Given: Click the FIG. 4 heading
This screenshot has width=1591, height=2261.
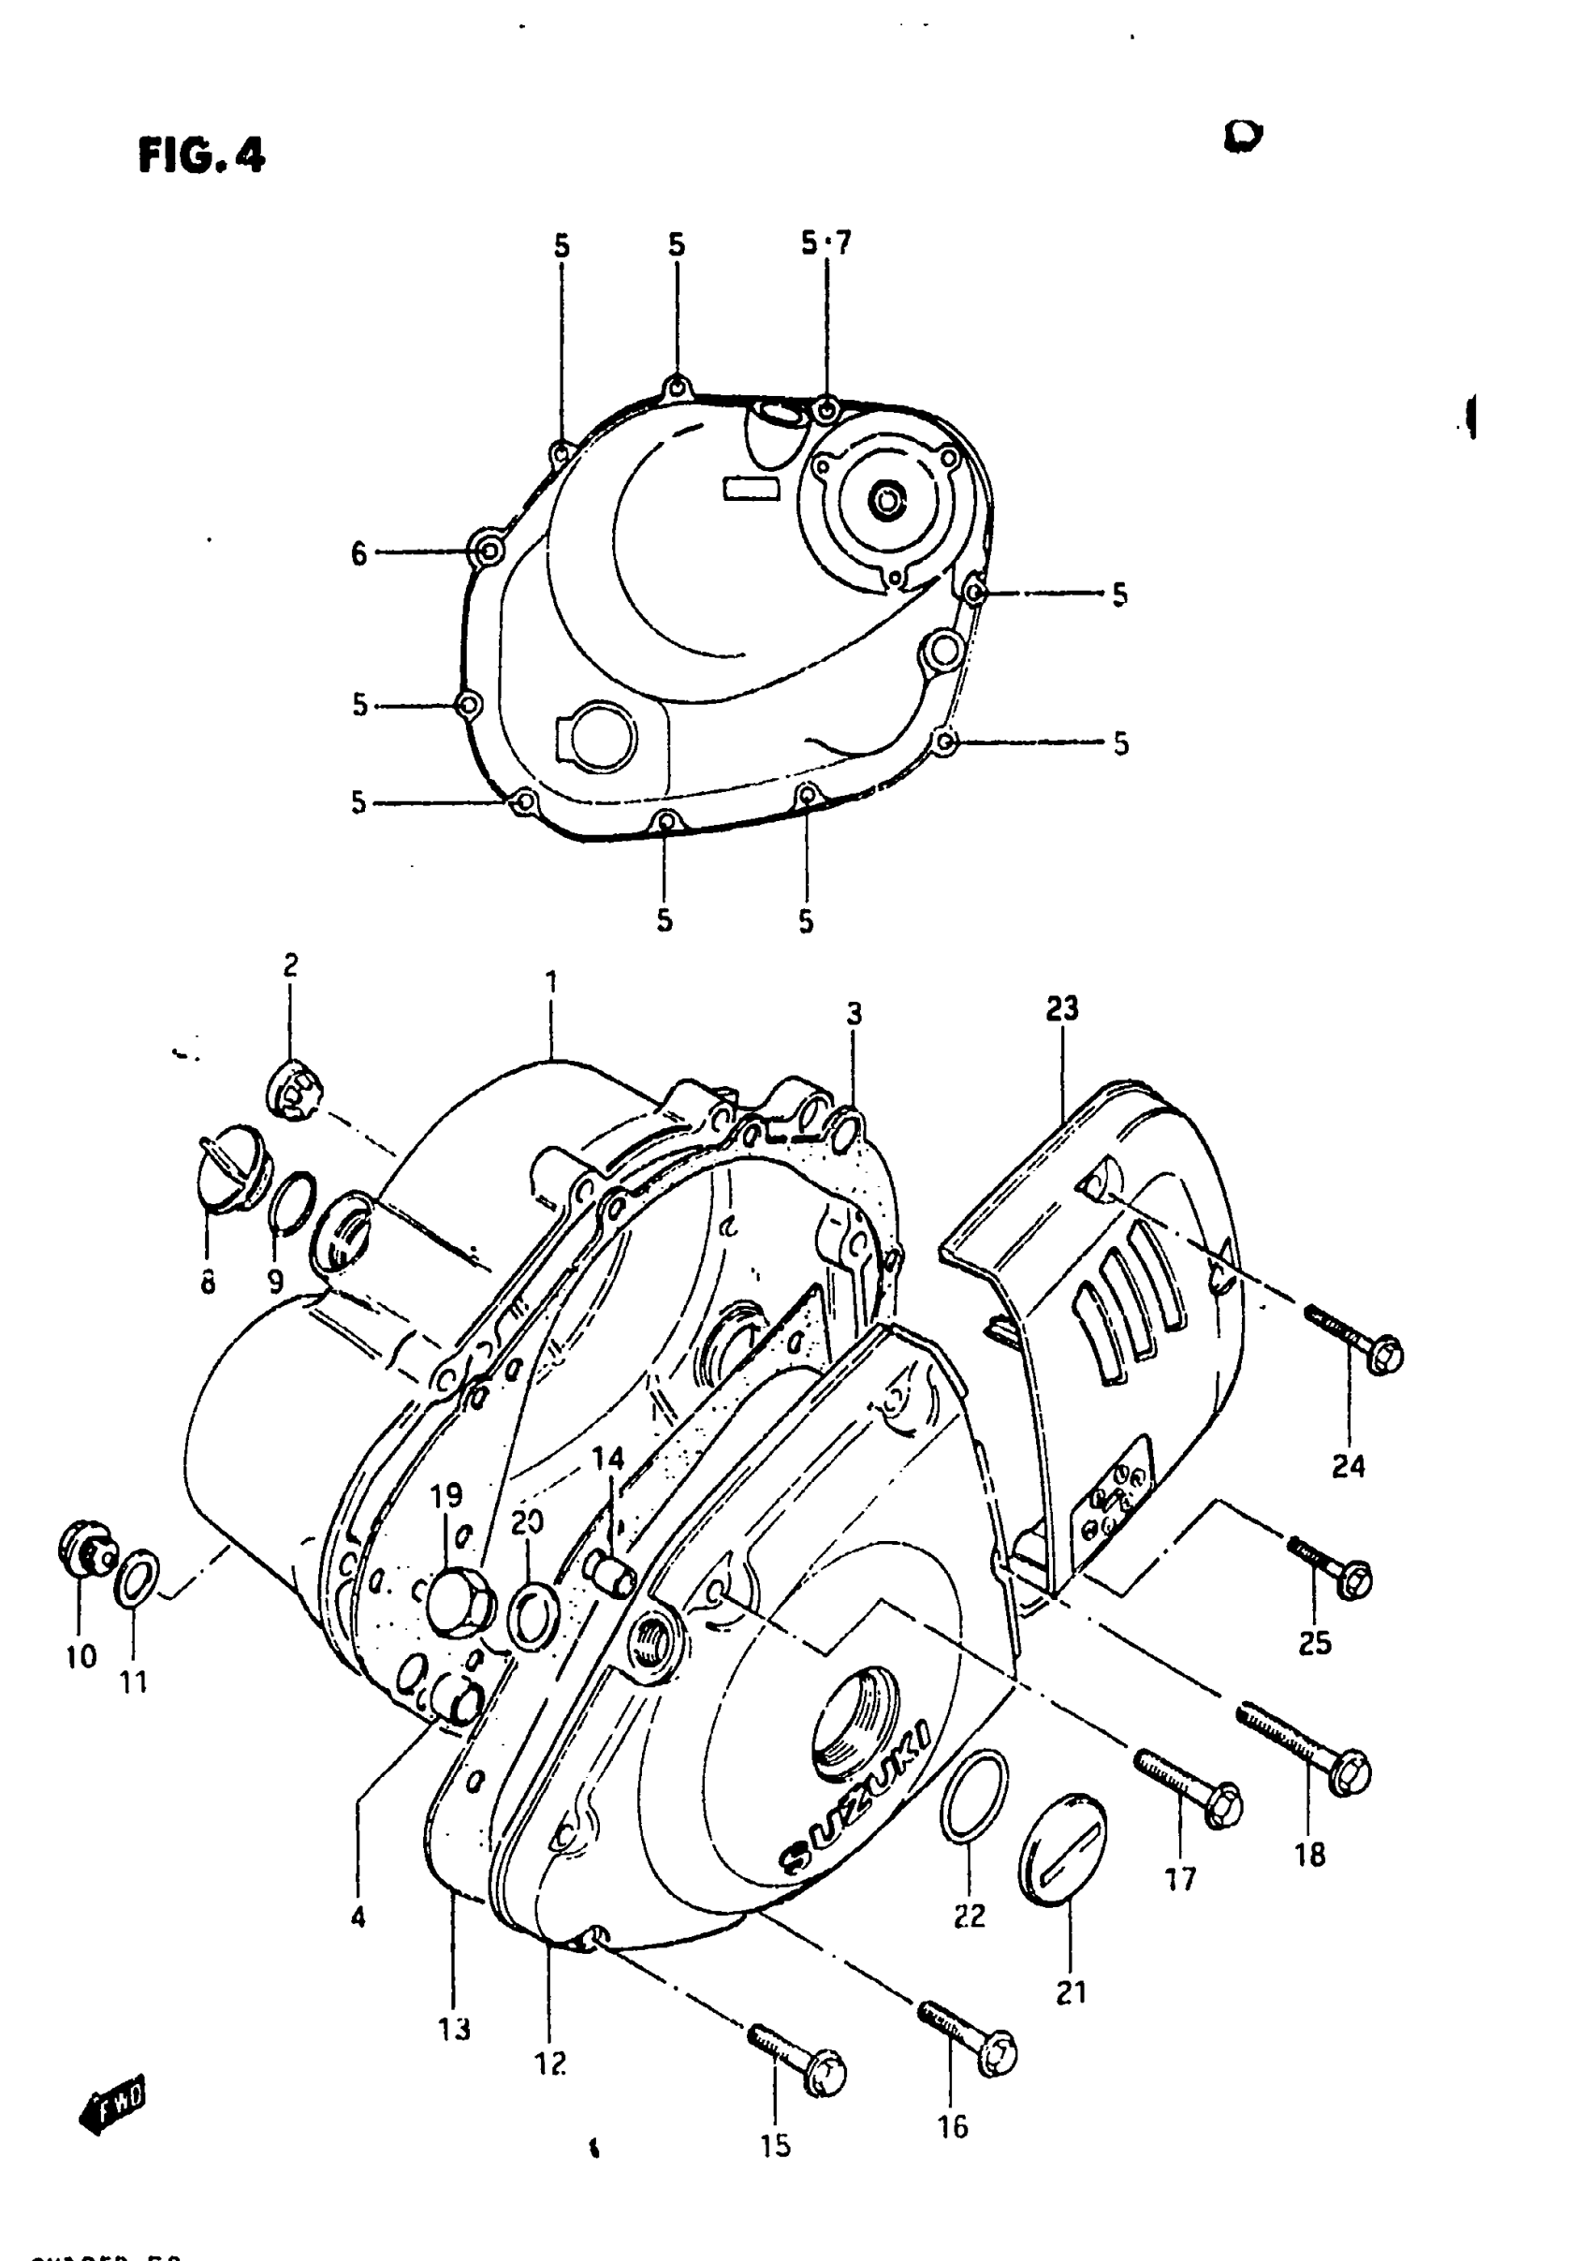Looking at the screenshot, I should (202, 155).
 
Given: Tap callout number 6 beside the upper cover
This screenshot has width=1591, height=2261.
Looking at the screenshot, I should (359, 553).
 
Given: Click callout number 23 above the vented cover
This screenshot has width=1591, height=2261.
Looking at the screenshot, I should (1062, 1008).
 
